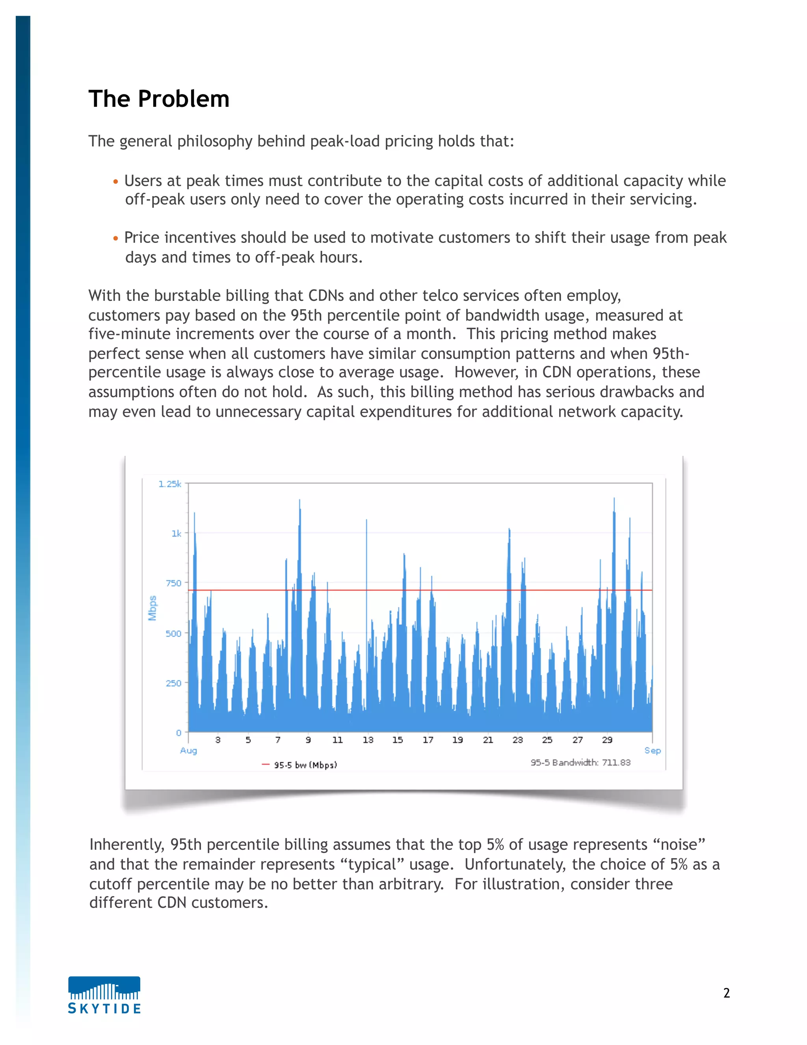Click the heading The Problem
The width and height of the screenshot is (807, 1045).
click(159, 99)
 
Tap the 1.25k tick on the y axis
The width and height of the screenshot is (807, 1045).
click(170, 484)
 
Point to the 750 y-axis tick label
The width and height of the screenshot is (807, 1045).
click(173, 583)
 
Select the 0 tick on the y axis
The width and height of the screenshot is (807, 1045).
click(179, 733)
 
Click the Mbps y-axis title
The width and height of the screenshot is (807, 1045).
click(152, 608)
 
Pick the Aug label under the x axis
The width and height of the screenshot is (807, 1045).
click(188, 750)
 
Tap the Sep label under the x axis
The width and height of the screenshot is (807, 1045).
click(652, 750)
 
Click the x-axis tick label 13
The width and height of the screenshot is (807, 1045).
click(368, 740)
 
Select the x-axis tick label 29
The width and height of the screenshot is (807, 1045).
click(607, 740)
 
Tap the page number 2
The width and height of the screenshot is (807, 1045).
click(726, 993)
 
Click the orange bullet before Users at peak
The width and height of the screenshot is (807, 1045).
click(115, 182)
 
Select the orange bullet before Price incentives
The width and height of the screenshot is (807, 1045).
click(115, 238)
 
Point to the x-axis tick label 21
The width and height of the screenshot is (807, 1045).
click(488, 740)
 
